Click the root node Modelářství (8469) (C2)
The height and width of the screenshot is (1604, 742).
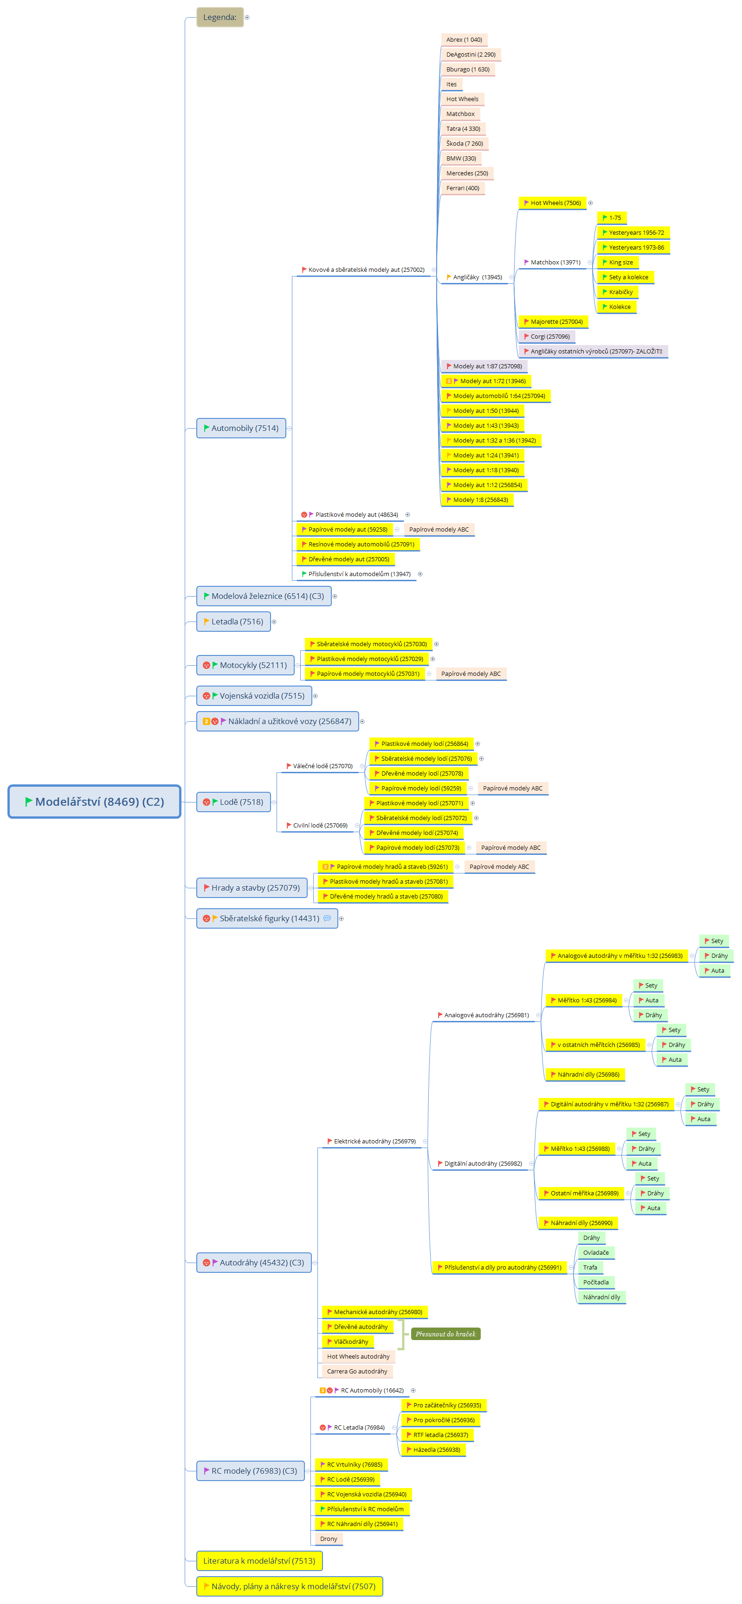tap(94, 802)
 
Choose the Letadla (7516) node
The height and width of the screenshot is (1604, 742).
tap(233, 622)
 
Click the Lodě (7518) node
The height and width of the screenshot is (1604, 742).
tap(233, 802)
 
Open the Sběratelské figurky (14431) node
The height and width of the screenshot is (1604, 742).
tap(267, 918)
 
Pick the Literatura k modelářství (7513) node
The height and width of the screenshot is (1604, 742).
tap(259, 1560)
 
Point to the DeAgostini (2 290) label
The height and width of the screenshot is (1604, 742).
tap(471, 55)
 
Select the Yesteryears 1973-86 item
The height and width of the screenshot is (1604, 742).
tap(633, 248)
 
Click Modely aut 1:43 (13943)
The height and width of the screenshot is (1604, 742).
tap(483, 426)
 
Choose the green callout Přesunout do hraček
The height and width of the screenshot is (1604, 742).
tap(445, 1334)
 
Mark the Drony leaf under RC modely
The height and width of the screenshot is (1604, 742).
tap(329, 1539)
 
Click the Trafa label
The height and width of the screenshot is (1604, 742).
tap(590, 1267)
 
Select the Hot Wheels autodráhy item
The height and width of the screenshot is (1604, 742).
tap(358, 1356)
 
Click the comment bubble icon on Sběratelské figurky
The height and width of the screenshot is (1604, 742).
tap(327, 918)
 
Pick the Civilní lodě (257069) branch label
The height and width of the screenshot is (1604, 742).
tap(320, 826)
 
